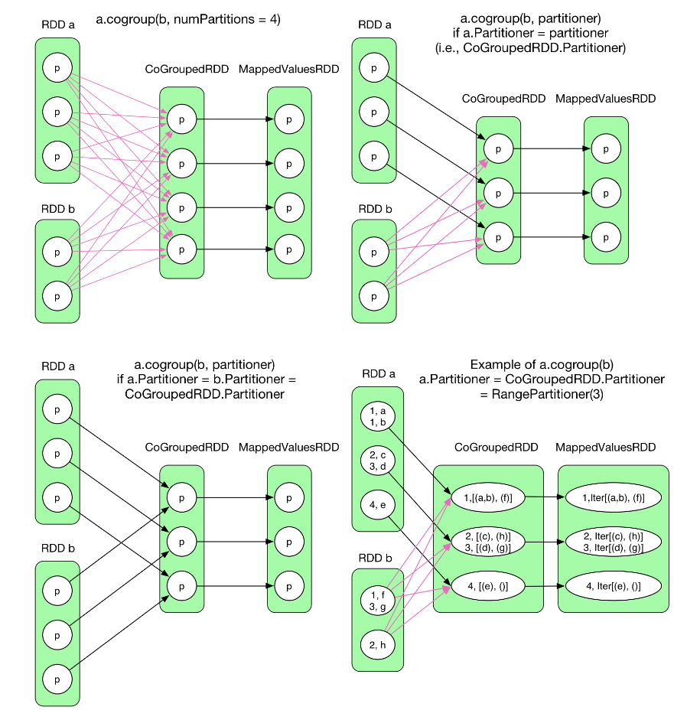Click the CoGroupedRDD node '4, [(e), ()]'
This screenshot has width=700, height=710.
487,585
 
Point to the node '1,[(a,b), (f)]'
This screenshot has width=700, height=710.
487,497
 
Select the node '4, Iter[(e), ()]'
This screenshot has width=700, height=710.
613,585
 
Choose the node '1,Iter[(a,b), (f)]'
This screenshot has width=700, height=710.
613,497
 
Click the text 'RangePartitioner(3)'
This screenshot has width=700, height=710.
542,393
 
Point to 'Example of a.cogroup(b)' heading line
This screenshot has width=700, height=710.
542,364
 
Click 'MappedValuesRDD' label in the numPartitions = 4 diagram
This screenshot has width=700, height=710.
288,70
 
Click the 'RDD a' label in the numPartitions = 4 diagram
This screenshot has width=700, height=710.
57,24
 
